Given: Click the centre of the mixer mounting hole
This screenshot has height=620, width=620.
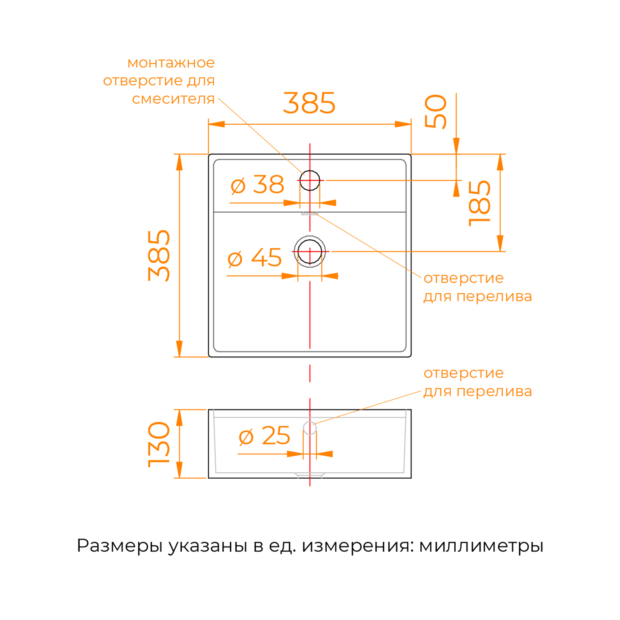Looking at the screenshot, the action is [310, 180].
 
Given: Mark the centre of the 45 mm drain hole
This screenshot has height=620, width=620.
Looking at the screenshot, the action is [310, 252].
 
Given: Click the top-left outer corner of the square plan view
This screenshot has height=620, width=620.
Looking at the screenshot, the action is [209, 154].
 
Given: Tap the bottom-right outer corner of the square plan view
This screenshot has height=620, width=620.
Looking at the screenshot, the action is [411, 357].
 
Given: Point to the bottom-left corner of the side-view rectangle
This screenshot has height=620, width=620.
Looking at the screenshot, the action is [209, 478].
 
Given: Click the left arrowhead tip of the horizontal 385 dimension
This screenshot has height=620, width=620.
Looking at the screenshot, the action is [209, 124].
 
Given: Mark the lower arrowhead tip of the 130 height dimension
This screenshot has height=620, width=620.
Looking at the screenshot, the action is [179, 478].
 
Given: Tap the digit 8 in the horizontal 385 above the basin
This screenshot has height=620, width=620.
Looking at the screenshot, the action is [309, 103].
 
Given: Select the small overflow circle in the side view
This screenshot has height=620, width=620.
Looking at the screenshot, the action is [310, 428].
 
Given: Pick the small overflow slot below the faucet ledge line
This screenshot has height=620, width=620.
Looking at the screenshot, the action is [310, 213].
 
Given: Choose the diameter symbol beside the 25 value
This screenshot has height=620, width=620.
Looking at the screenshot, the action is [246, 437].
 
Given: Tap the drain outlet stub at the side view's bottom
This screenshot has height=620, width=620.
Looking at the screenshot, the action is [310, 475].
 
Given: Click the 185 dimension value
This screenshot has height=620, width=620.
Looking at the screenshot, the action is [480, 203].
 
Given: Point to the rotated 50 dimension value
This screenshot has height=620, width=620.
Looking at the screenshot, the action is [436, 112].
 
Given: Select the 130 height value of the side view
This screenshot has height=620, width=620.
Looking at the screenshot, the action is [158, 445].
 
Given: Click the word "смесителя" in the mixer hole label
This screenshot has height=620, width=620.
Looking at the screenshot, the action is [173, 99].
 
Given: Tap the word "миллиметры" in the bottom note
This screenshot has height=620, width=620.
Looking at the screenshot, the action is [481, 546].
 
